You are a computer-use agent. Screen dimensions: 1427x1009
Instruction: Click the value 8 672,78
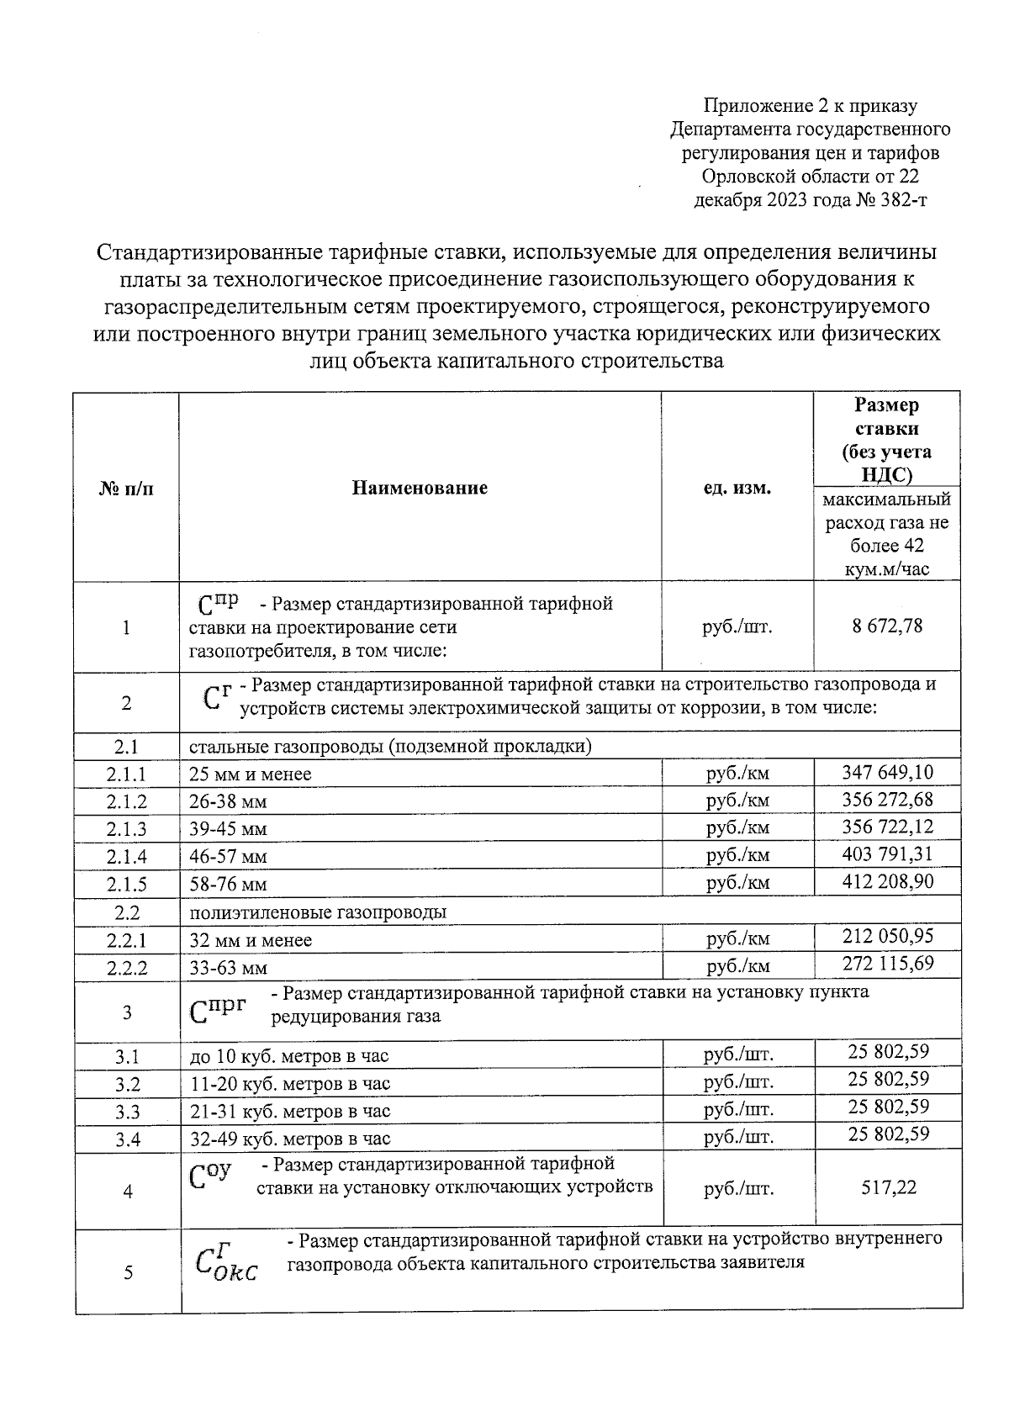888,626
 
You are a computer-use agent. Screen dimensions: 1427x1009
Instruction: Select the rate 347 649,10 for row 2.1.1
888,772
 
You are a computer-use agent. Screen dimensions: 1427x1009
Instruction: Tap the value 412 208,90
888,881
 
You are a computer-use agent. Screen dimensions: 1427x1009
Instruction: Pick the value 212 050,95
888,937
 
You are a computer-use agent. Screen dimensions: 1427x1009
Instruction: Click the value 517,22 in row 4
888,1187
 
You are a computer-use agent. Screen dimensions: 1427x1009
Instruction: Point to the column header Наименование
420,488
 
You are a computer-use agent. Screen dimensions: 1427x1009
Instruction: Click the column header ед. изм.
737,488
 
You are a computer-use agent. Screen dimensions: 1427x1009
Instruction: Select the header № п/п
127,489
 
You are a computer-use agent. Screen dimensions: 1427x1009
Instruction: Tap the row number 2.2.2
127,968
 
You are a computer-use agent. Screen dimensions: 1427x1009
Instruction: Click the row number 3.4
128,1139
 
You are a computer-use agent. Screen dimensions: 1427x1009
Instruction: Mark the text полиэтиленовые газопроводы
318,912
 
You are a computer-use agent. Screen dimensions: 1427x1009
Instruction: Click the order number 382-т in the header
897,200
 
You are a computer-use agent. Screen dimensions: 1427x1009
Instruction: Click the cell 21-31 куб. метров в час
290,1112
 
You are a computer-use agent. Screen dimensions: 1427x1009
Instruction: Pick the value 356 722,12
888,827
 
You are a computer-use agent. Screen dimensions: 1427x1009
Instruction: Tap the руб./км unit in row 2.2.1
737,939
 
